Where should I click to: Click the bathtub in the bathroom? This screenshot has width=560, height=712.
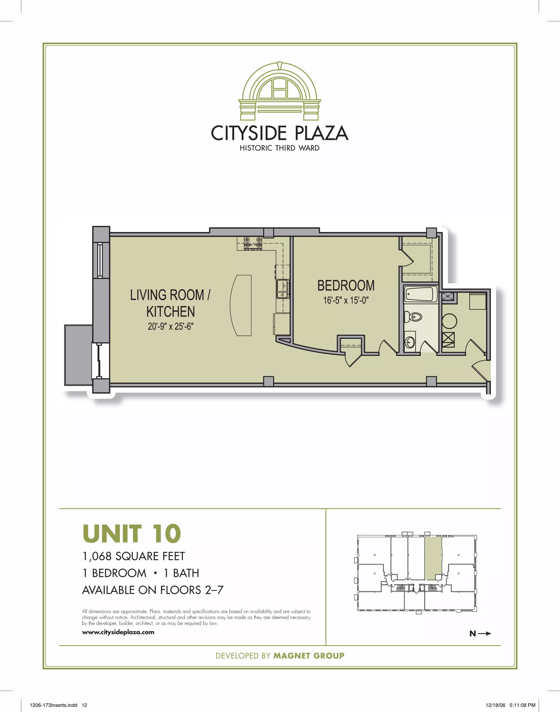[x=420, y=294]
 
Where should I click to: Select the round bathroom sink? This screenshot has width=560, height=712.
[x=410, y=343]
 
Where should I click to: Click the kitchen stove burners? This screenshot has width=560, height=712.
[x=253, y=243]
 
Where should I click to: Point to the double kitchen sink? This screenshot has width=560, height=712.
[x=282, y=289]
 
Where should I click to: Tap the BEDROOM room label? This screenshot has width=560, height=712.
[x=346, y=285]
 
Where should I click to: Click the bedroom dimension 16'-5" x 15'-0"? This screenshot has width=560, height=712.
[x=346, y=300]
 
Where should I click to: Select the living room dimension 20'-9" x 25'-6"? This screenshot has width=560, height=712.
[x=171, y=326]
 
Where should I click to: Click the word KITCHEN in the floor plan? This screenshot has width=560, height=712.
[x=171, y=311]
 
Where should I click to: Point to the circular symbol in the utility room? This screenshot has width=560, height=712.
[x=449, y=321]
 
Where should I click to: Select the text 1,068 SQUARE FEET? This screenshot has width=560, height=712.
[x=133, y=556]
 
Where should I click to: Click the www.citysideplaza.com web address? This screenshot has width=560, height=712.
[x=118, y=632]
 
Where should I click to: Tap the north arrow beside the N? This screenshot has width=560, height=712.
[x=485, y=633]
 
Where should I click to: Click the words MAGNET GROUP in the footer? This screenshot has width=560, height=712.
[x=309, y=656]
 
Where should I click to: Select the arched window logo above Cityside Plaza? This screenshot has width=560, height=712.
[x=279, y=91]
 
